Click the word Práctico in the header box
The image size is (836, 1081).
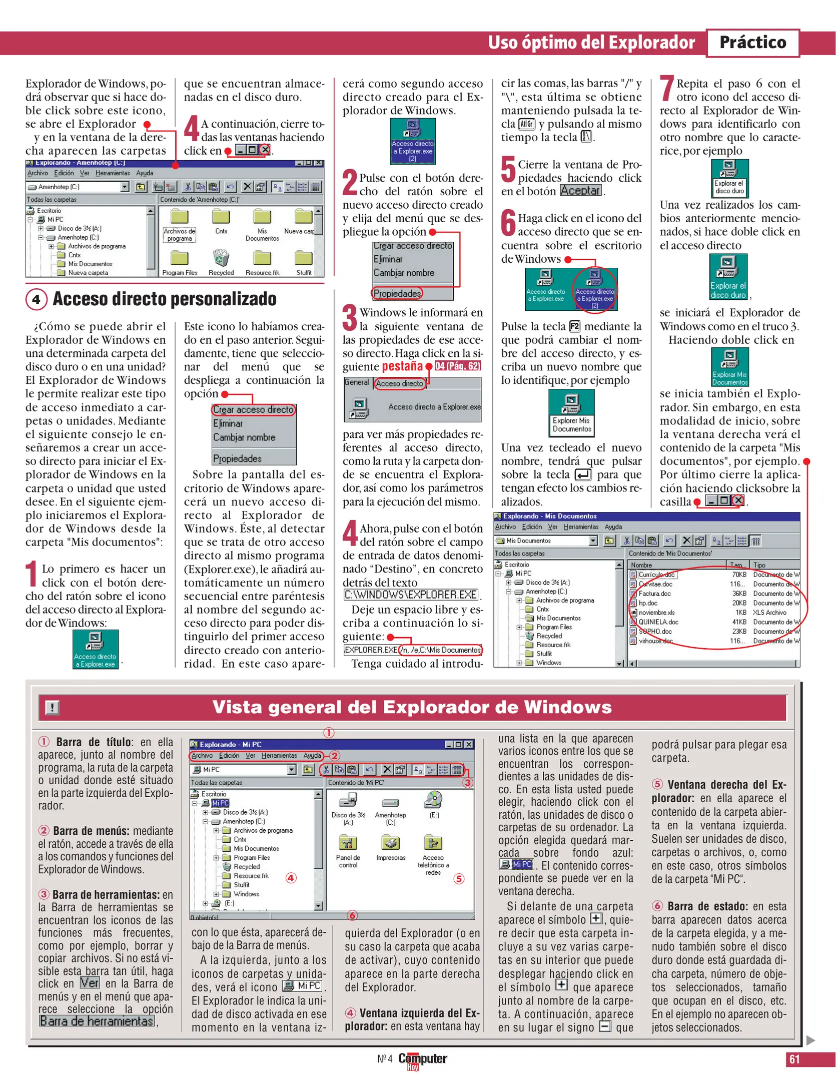point(752,43)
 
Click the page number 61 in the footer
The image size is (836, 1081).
point(794,1059)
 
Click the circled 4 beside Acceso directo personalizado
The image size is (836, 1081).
point(36,299)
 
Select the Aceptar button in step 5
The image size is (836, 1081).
point(580,191)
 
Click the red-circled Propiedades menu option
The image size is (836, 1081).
point(397,293)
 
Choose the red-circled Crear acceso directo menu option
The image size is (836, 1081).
point(253,409)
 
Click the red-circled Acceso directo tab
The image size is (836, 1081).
point(399,383)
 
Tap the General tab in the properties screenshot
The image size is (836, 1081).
point(356,382)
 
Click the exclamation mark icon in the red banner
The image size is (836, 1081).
point(52,707)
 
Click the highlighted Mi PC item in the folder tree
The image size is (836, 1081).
point(220,803)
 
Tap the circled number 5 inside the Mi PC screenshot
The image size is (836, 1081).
point(458,878)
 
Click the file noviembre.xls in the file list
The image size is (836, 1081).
point(656,613)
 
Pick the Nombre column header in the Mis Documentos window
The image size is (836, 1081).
point(641,565)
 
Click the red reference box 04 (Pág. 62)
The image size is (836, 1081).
point(457,366)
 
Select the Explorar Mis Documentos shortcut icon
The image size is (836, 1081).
point(729,367)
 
